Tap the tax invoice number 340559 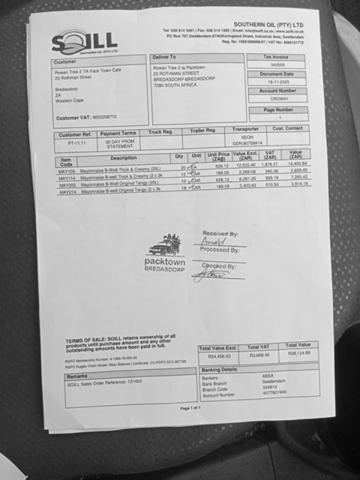(x=277, y=65)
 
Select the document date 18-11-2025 (x=278, y=82)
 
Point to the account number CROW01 (x=280, y=99)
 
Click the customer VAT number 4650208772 (x=104, y=117)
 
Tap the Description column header (x=124, y=158)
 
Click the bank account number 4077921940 (x=274, y=392)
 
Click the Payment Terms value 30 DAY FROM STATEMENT (x=119, y=144)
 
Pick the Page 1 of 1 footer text (x=190, y=408)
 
